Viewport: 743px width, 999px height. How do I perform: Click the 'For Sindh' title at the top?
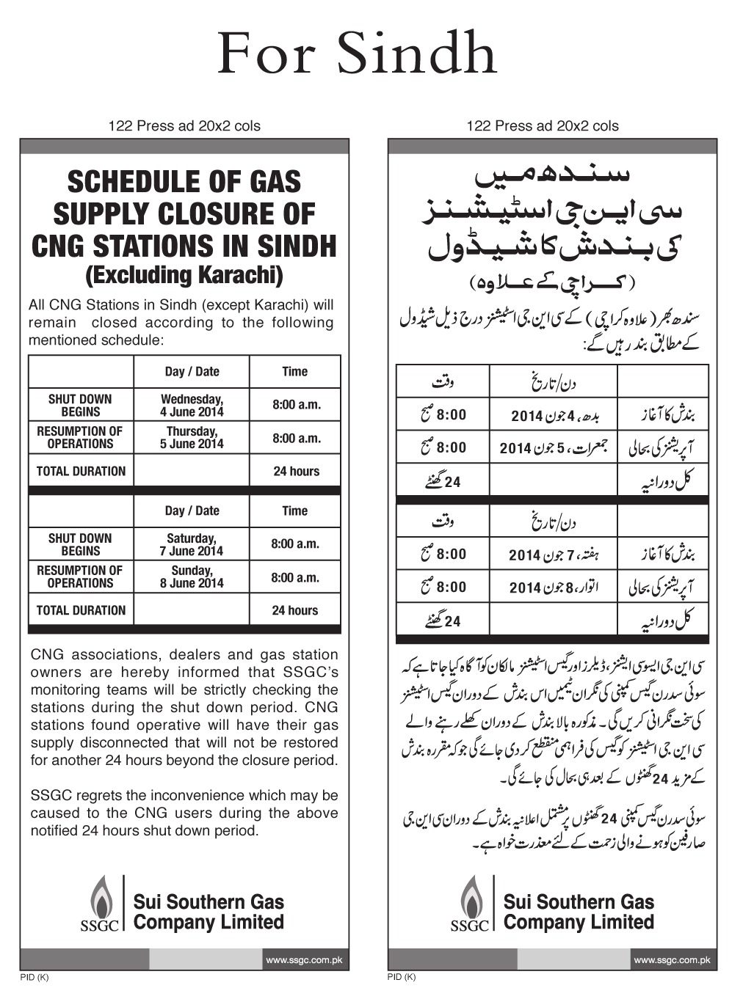(358, 55)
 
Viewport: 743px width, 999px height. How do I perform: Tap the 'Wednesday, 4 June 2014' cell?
(192, 406)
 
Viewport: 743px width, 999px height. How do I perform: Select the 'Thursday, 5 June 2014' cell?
(192, 438)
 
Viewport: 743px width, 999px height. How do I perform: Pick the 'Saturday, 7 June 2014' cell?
(192, 544)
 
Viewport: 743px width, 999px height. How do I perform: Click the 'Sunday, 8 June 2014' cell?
(192, 577)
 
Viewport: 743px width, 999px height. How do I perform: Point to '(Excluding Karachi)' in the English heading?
(184, 276)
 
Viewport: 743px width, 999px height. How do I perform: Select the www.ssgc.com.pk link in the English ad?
(304, 959)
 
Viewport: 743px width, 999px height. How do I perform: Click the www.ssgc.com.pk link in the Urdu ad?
(672, 959)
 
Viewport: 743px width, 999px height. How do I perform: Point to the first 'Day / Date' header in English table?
(192, 372)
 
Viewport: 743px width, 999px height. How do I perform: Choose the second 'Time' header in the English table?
(295, 511)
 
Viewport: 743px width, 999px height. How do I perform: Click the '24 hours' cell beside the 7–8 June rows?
(295, 610)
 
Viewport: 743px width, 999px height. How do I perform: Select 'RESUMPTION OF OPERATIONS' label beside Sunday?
(80, 577)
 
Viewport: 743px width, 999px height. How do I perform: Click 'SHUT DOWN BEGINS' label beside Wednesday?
(80, 406)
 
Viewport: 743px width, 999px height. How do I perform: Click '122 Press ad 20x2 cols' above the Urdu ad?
(543, 126)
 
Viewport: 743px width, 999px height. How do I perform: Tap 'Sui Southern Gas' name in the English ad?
(209, 902)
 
